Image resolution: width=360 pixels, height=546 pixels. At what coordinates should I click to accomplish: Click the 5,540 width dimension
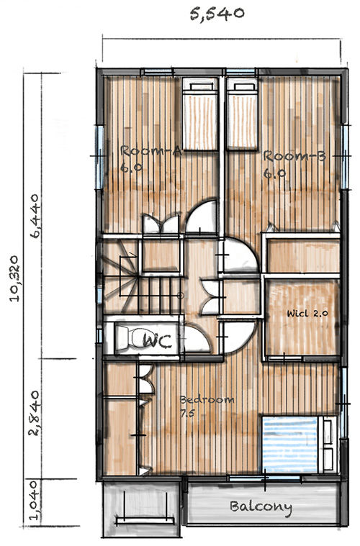tap(217, 14)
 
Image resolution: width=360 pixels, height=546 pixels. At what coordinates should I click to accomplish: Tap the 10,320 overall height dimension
tap(14, 278)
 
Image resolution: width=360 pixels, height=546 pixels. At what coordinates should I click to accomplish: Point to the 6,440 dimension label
tap(35, 216)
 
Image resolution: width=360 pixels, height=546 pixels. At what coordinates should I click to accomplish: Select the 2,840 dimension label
tap(35, 414)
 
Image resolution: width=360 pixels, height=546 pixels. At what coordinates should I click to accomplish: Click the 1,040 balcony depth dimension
tap(33, 501)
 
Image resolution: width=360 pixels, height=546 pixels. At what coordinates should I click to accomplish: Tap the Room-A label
tap(150, 152)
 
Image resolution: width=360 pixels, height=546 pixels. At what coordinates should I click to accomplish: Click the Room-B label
tap(294, 156)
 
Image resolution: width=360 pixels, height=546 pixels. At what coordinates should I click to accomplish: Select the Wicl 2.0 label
tap(307, 314)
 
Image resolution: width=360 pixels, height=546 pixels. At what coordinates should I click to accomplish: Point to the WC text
tap(157, 341)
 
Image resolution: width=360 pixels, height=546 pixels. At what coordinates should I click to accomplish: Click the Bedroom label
tap(207, 400)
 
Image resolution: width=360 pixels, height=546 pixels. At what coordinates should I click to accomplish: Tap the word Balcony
tap(261, 507)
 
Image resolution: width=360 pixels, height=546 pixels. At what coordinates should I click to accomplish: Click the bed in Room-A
tap(200, 114)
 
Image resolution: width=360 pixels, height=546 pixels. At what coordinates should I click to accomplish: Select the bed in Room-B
tap(243, 114)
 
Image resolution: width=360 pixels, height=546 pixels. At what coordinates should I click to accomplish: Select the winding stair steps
tap(121, 275)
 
